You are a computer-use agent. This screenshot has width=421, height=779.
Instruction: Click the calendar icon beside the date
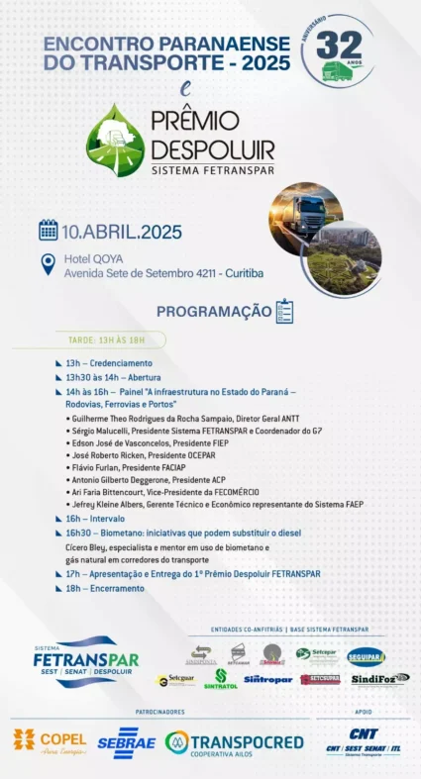point(49,231)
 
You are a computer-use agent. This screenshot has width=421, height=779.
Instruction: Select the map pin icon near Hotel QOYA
point(48,264)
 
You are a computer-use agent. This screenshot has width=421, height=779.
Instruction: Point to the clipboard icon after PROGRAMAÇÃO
point(284,311)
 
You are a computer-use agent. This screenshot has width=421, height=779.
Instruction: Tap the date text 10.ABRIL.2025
point(122,233)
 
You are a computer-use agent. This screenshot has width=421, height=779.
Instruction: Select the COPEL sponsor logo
point(50,740)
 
